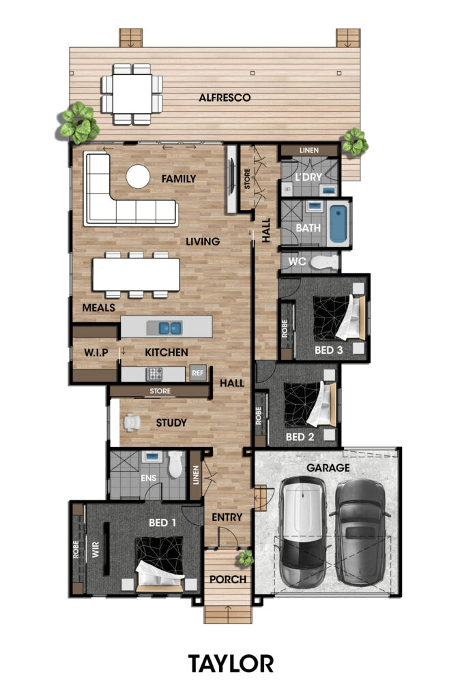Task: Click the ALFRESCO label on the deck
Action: click(225, 97)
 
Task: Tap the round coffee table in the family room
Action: click(138, 177)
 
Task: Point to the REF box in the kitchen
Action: click(197, 373)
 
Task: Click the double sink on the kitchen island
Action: click(170, 329)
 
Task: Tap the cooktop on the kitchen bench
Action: click(155, 374)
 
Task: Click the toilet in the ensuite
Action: click(175, 464)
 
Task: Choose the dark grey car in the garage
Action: click(360, 532)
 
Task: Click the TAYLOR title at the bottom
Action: click(231, 664)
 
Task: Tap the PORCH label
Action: click(228, 579)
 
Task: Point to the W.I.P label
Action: click(96, 352)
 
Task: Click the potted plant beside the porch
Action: click(246, 558)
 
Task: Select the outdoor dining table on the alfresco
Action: click(132, 94)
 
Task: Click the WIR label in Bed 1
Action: click(96, 549)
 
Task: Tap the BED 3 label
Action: click(328, 350)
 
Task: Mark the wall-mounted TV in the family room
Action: click(231, 179)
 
